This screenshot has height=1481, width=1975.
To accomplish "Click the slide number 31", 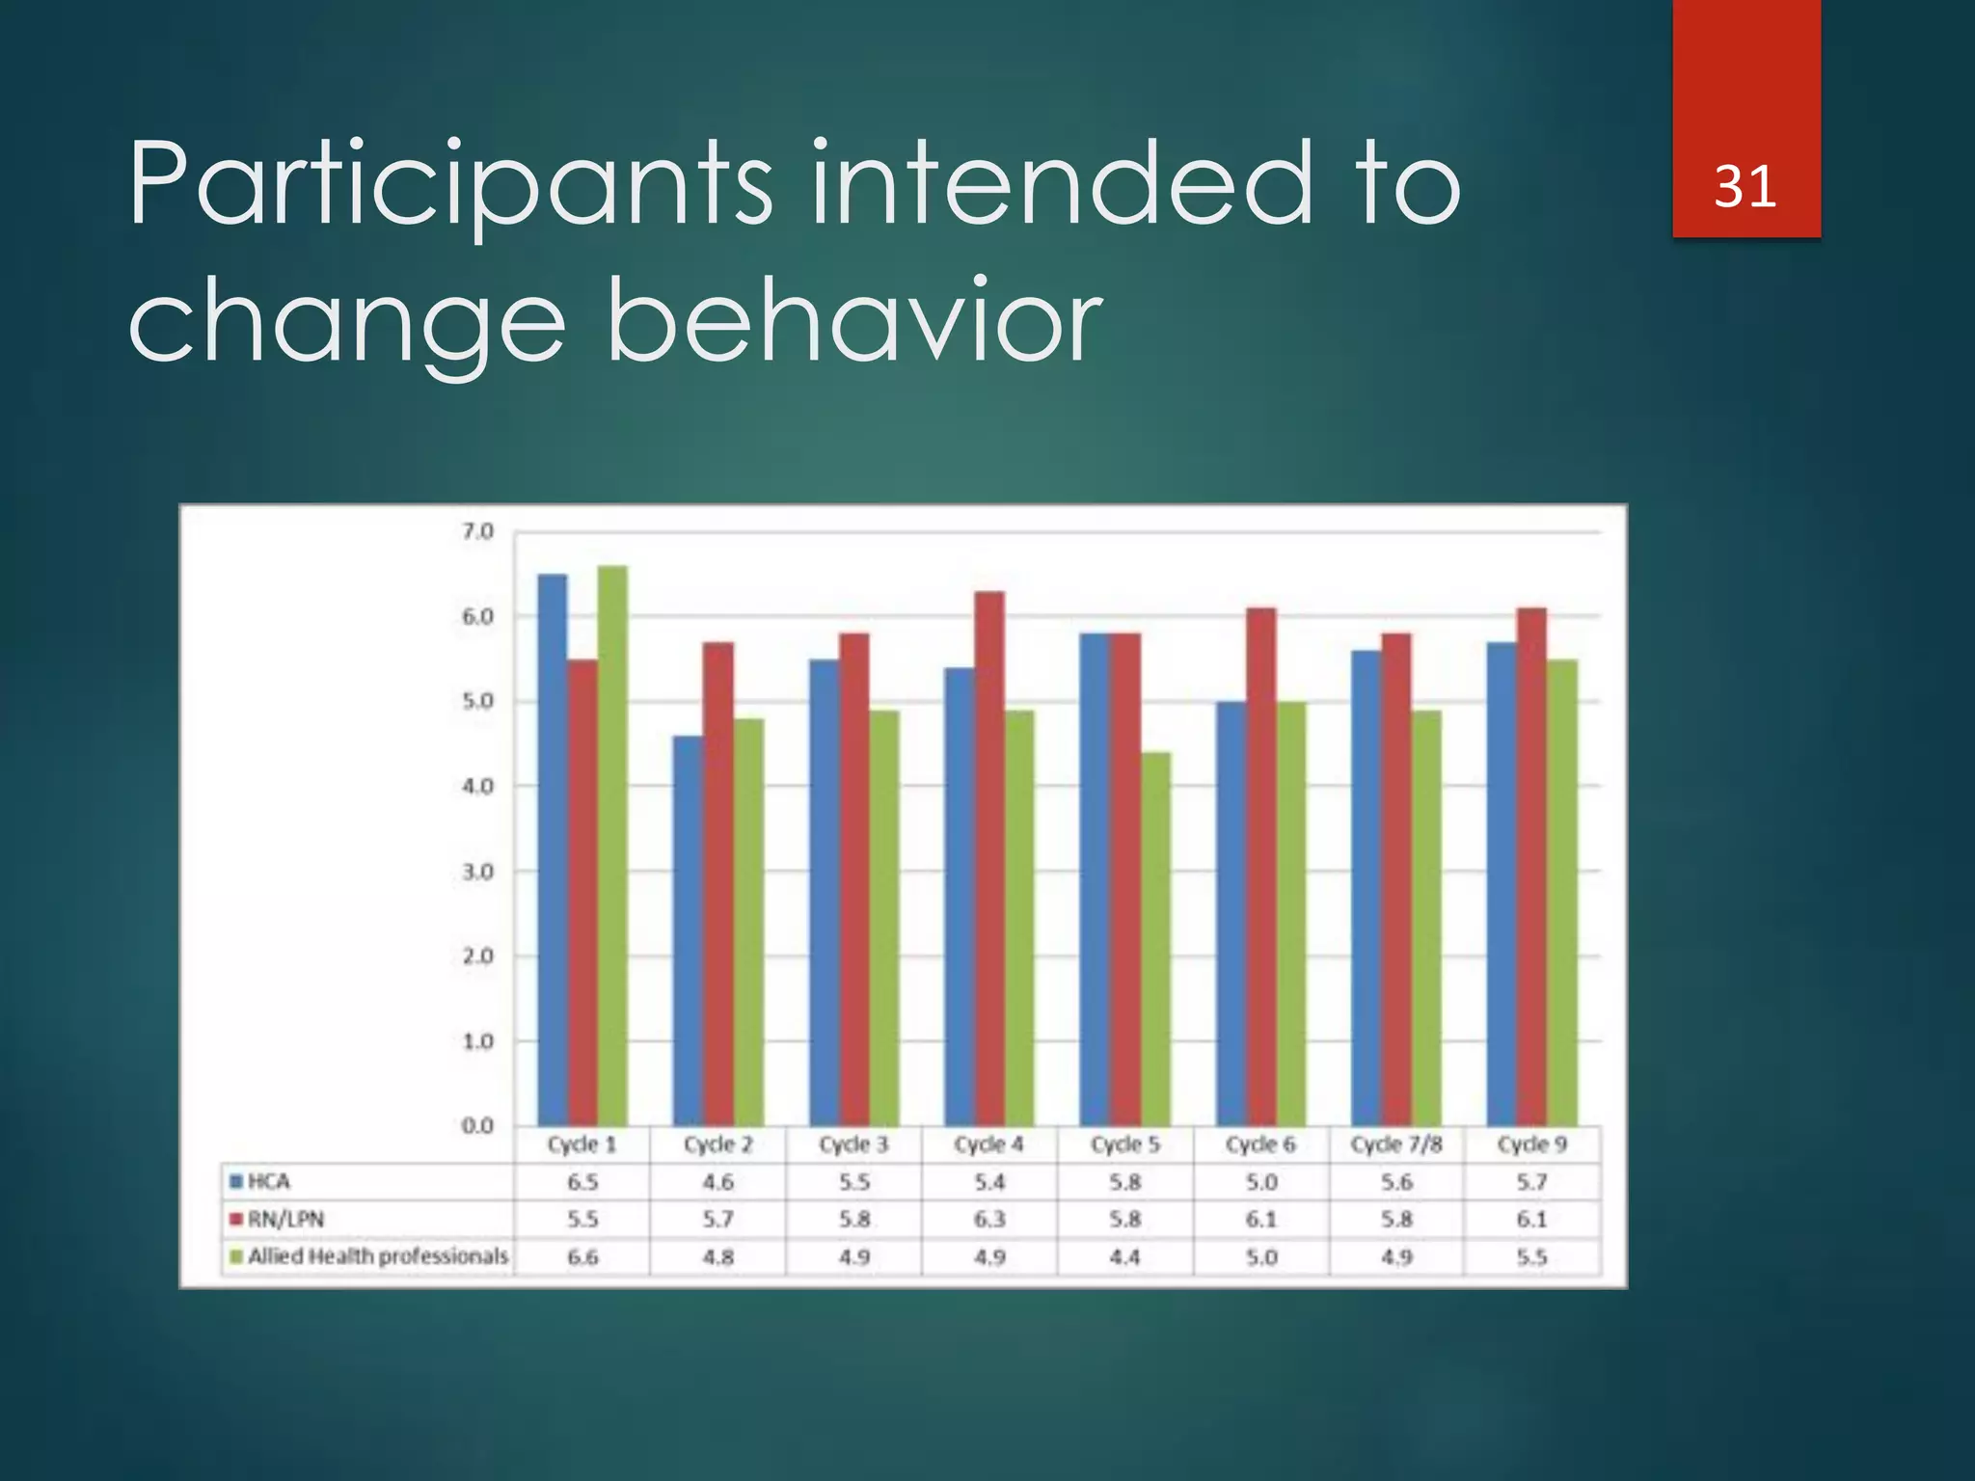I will (x=1745, y=186).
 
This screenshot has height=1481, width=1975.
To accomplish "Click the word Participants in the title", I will (x=449, y=183).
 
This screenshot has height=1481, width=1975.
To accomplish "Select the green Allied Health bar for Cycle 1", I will (x=612, y=848).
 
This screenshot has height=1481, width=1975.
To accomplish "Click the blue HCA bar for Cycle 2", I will (x=688, y=930).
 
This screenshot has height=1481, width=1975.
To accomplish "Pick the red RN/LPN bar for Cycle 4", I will (x=989, y=858).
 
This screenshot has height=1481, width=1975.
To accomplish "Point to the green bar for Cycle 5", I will (x=1155, y=940).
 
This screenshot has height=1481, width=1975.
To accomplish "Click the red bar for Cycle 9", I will (x=1531, y=868).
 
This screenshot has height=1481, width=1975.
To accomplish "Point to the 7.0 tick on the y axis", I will (x=477, y=531).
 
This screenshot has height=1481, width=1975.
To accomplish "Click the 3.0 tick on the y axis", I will (x=477, y=872).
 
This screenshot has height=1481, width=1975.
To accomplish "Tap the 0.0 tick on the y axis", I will (x=477, y=1125).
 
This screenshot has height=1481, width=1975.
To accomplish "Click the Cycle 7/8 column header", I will (x=1396, y=1144).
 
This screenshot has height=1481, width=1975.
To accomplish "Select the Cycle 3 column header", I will (x=853, y=1144).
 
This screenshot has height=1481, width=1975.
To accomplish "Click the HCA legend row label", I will (x=268, y=1181).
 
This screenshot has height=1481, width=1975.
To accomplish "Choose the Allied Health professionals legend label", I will (x=377, y=1256).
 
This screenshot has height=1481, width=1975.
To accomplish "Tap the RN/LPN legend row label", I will (x=285, y=1219).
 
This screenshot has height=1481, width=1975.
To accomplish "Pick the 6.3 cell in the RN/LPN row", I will (x=989, y=1219).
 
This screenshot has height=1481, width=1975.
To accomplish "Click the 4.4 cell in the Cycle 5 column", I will (x=1125, y=1256).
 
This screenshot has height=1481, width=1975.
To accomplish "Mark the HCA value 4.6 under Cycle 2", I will (x=718, y=1181).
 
